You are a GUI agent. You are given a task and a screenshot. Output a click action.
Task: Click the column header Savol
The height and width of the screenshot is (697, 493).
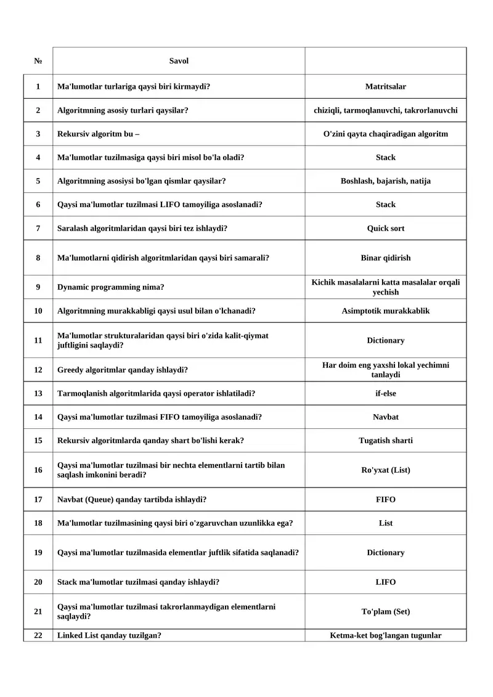179,61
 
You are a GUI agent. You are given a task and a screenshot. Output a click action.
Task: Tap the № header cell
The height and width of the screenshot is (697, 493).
38,61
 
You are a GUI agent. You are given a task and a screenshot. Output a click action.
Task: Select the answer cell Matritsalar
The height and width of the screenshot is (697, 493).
385,87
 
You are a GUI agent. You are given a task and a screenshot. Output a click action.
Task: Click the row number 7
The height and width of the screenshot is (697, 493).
38,228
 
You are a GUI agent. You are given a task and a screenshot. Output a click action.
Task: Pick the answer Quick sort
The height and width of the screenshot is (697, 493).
385,228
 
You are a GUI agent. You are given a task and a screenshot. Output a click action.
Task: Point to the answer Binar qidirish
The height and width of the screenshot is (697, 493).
385,258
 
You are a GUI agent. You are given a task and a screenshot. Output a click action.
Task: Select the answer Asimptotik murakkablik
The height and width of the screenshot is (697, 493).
385,311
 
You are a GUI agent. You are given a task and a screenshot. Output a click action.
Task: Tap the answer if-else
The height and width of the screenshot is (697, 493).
385,393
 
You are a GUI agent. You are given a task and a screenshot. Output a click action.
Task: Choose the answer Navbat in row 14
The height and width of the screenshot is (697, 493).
385,417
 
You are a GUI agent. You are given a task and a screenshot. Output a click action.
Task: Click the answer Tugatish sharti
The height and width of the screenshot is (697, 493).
385,441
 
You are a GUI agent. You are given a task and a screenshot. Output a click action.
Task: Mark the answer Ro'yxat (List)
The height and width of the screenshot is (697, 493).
385,470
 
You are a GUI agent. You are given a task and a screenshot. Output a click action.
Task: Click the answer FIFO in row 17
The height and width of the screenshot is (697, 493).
385,500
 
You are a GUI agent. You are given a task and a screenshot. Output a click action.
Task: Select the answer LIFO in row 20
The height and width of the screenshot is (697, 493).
385,582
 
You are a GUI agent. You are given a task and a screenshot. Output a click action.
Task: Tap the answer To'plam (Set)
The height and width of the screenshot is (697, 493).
385,611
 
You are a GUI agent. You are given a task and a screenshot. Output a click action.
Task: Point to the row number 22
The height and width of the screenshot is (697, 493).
38,635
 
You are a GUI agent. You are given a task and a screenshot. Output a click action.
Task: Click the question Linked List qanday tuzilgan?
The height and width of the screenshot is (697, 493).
109,635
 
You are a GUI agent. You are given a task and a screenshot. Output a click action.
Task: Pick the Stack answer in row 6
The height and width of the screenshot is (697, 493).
385,205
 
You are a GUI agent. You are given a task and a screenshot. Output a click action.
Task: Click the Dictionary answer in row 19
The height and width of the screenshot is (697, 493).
385,553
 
